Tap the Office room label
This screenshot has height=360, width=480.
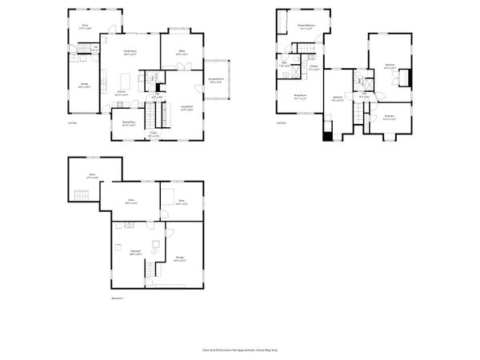182,53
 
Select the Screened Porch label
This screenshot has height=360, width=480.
216,80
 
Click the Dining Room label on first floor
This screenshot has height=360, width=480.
128,124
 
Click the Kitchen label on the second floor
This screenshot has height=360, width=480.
315,68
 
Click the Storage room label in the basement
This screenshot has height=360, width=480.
181,258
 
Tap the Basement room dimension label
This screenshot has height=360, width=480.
136,255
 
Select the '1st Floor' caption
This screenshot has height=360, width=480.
72,122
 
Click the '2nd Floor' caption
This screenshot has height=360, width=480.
281,122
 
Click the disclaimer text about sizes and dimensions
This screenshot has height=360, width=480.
239,350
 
